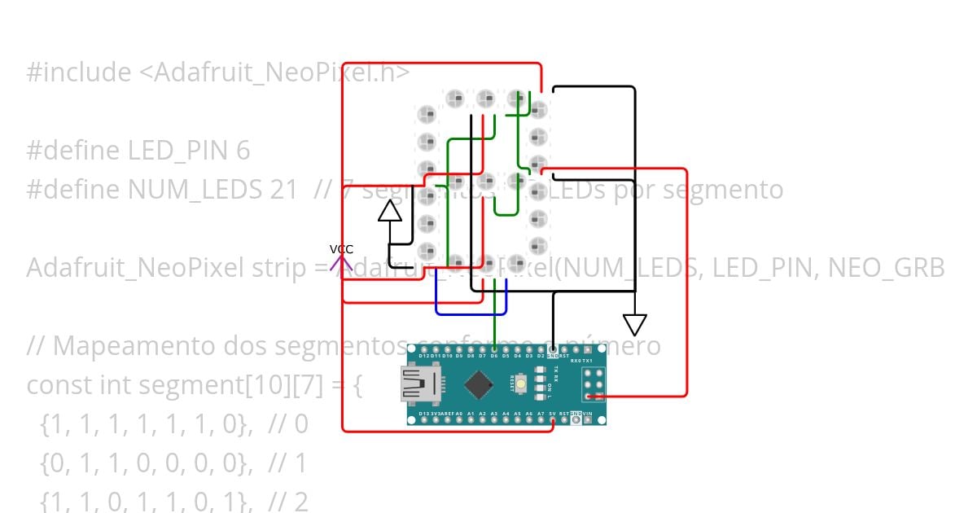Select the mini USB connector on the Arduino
click(x=418, y=384)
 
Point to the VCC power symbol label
click(x=341, y=249)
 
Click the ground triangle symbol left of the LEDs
click(x=390, y=212)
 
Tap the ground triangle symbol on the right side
click(x=634, y=325)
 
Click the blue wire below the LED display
click(x=471, y=313)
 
